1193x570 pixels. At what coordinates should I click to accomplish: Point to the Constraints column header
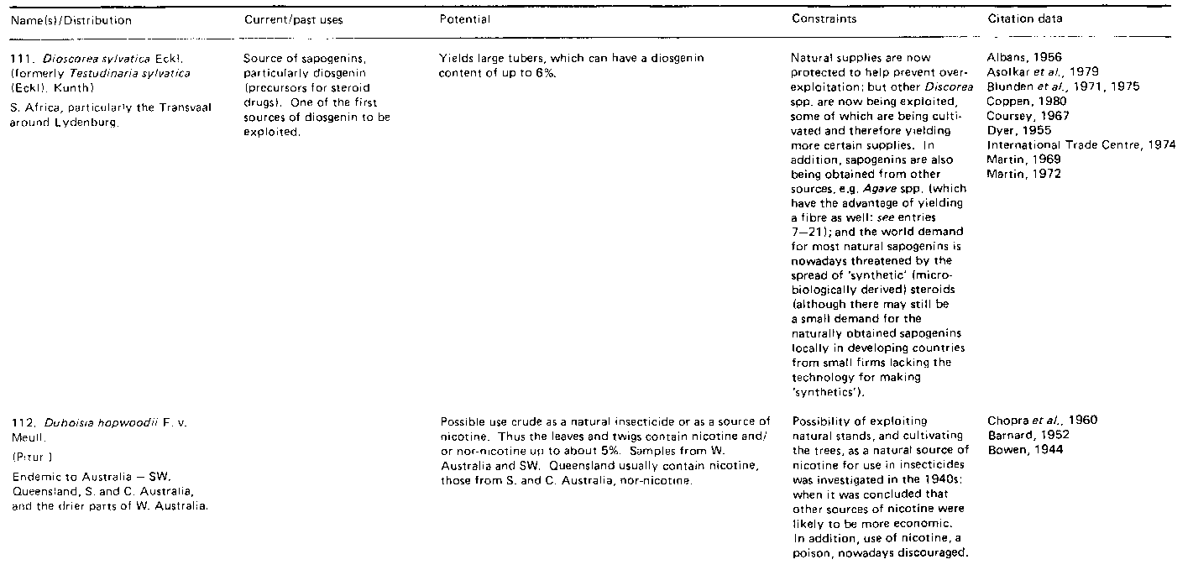[x=821, y=20]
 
